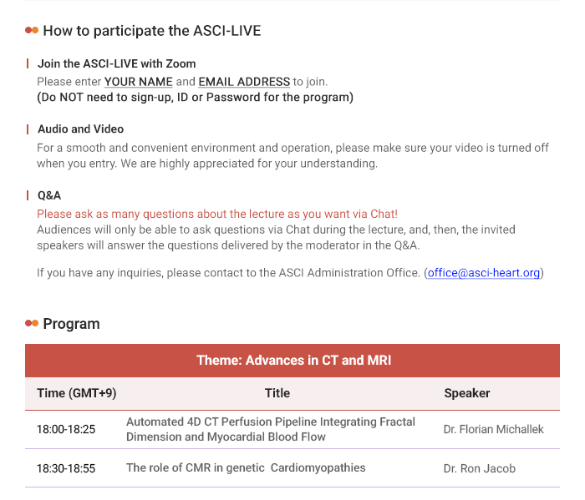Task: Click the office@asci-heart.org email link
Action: click(x=484, y=273)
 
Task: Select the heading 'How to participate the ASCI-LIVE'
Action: click(x=152, y=31)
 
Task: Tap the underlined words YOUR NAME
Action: click(x=139, y=82)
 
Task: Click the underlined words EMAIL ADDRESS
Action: click(x=244, y=82)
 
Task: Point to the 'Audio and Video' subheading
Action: click(x=80, y=129)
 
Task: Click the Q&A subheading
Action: click(x=49, y=195)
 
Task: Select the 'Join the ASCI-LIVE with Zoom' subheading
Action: click(x=116, y=63)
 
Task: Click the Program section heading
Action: click(x=71, y=324)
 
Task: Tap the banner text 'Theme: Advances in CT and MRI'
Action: click(x=294, y=361)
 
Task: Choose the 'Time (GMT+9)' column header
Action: click(x=77, y=393)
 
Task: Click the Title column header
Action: click(x=277, y=393)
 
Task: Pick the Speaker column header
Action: click(x=466, y=393)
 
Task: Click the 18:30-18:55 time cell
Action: click(x=66, y=468)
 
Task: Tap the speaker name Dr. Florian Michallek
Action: click(x=493, y=429)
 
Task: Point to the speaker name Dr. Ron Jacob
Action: click(x=480, y=468)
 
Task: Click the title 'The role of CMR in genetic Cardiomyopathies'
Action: click(x=246, y=468)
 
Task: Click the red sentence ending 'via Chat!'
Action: click(x=217, y=214)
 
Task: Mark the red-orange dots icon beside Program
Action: click(x=32, y=323)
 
